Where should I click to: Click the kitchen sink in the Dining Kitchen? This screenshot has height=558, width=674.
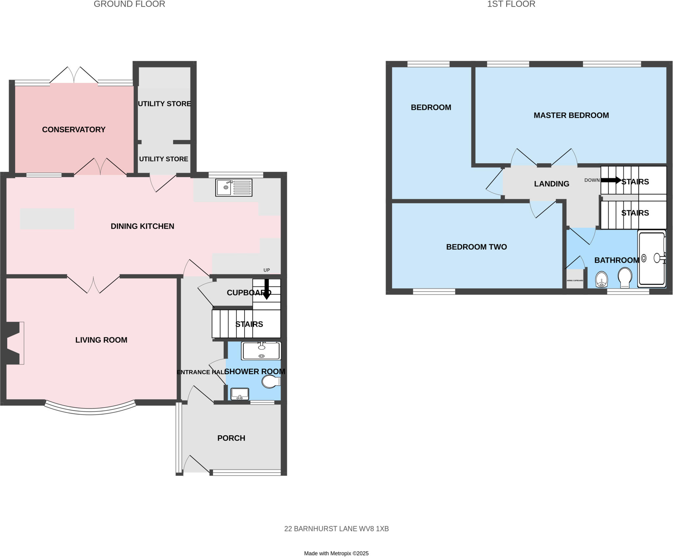pyautogui.click(x=234, y=188)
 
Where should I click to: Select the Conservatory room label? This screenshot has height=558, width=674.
pyautogui.click(x=74, y=129)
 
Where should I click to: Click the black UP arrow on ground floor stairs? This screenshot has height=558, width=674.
pyautogui.click(x=267, y=289)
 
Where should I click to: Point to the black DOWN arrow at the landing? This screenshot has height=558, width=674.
pyautogui.click(x=610, y=180)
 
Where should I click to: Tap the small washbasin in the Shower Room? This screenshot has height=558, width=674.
pyautogui.click(x=240, y=394)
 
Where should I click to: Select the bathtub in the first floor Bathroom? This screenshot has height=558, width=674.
pyautogui.click(x=652, y=259)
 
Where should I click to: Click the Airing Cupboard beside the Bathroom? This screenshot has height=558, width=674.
pyautogui.click(x=575, y=280)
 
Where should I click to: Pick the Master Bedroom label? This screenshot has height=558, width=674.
pyautogui.click(x=571, y=115)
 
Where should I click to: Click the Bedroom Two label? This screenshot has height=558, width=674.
pyautogui.click(x=476, y=247)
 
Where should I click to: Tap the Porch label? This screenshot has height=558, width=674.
pyautogui.click(x=231, y=438)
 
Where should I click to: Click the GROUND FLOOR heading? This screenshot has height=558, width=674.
pyautogui.click(x=129, y=4)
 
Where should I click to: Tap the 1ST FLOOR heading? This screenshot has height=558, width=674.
pyautogui.click(x=511, y=4)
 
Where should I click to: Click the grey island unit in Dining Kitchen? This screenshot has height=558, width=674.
pyautogui.click(x=47, y=219)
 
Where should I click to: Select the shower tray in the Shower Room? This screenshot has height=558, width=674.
pyautogui.click(x=261, y=351)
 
